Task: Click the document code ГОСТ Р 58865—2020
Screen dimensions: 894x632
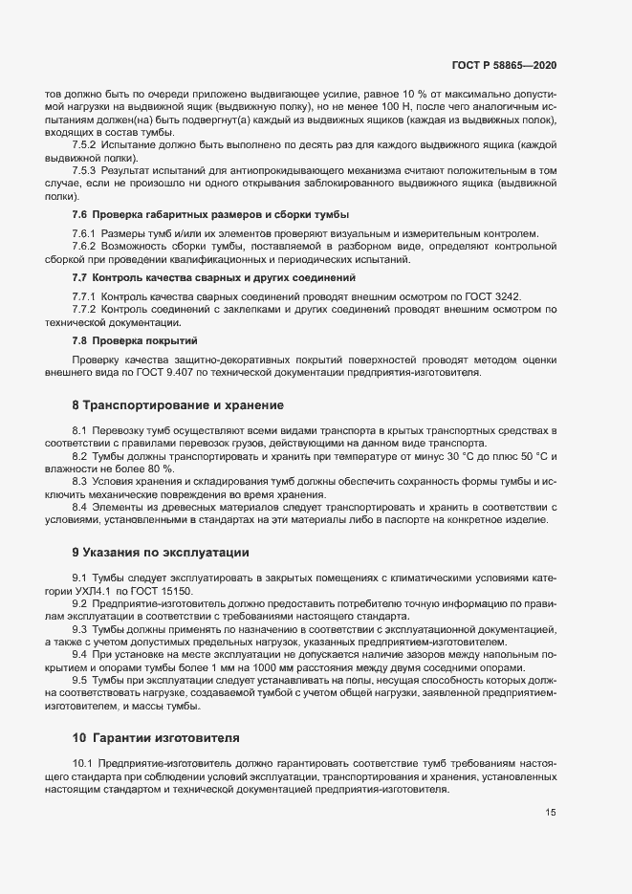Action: [503, 65]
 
